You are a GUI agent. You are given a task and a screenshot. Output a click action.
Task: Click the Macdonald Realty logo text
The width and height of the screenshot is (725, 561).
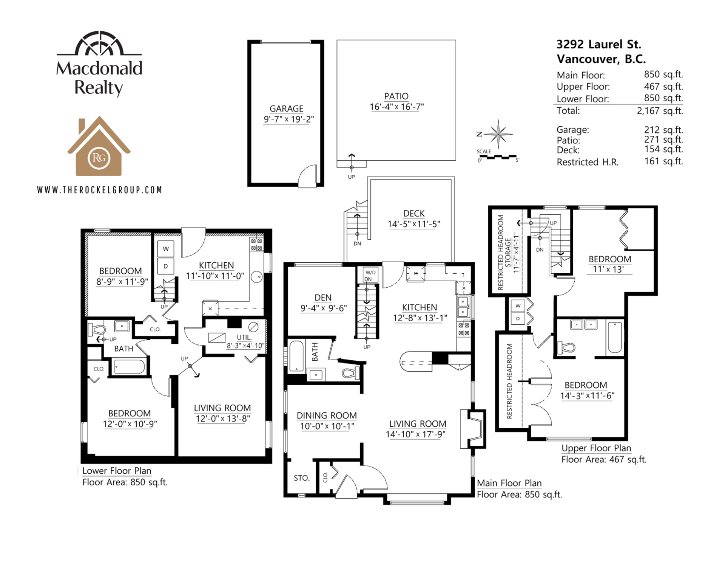click(99, 78)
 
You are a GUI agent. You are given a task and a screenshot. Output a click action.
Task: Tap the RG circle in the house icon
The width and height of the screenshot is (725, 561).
click(99, 158)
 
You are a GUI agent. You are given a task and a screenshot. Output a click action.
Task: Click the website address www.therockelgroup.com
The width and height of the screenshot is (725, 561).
click(99, 190)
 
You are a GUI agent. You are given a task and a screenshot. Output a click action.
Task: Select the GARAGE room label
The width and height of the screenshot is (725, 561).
click(286, 108)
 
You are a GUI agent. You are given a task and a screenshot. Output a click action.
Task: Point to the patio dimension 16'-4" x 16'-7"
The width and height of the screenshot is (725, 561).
click(396, 107)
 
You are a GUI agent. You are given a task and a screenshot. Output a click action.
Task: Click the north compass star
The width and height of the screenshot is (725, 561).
click(498, 134)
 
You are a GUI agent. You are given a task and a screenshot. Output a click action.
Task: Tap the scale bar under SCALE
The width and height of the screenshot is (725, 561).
click(498, 157)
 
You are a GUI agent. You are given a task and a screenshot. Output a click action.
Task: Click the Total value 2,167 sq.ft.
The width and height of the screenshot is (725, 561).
click(660, 111)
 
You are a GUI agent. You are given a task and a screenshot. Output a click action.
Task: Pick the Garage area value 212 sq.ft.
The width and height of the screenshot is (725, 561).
click(663, 130)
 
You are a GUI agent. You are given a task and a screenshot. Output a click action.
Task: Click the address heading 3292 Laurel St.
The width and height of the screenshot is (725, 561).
click(599, 44)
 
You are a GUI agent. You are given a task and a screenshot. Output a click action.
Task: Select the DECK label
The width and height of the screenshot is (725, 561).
click(414, 213)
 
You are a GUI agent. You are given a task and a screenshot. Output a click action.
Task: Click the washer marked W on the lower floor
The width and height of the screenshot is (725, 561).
click(166, 249)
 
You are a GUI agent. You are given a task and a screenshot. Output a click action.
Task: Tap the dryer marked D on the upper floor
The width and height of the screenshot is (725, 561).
click(518, 318)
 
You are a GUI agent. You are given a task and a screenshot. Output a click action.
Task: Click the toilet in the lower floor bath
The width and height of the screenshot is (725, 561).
click(96, 329)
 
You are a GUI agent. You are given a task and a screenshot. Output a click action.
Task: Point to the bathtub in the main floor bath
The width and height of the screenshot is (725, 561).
click(296, 356)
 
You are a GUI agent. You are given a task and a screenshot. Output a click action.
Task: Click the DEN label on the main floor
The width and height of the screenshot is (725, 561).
click(323, 298)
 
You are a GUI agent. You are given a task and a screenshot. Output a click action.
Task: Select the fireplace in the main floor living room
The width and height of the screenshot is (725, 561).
click(473, 429)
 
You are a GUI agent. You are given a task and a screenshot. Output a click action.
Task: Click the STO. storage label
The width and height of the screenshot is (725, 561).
click(302, 478)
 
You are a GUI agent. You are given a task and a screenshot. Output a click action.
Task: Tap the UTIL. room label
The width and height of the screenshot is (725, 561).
click(244, 337)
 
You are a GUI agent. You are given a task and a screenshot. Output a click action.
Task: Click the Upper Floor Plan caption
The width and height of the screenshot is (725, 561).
click(596, 448)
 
